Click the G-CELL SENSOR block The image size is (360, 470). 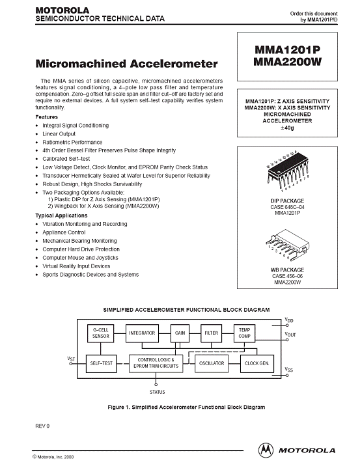point(101,333)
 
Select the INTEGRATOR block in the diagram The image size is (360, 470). point(142,333)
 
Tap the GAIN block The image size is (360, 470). point(180,333)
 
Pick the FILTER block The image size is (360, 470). point(212,333)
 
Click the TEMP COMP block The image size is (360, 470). point(244,333)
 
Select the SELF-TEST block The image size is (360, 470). point(102,364)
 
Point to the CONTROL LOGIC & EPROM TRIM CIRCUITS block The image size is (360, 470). point(156,364)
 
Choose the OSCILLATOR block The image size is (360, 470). point(212,364)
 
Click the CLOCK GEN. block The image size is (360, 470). point(257,364)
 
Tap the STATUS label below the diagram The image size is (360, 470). point(158,392)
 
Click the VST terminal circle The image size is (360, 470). point(71,364)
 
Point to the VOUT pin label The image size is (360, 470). point(290,334)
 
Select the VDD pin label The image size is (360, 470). point(289,320)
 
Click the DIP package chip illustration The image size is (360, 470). point(288,171)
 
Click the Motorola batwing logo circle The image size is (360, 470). point(266,450)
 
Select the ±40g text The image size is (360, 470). point(287,128)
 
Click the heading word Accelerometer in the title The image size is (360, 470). point(174,64)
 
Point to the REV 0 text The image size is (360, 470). point(42,426)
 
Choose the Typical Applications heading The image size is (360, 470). point(61,215)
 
